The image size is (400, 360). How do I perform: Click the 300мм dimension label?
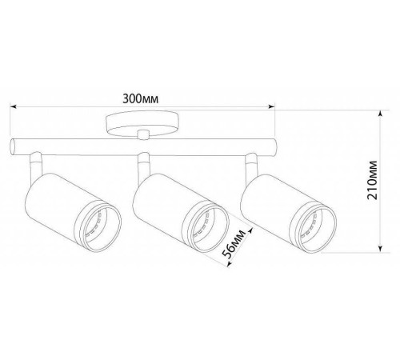pyautogui.click(x=140, y=98)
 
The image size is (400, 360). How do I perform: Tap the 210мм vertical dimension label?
pyautogui.click(x=372, y=180)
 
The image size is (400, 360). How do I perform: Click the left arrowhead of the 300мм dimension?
pyautogui.click(x=14, y=107)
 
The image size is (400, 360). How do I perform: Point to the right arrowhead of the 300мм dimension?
pyautogui.click(x=271, y=107)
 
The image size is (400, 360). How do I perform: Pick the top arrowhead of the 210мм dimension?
pyautogui.click(x=381, y=114)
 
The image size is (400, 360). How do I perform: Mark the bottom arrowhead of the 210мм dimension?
pyautogui.click(x=381, y=249)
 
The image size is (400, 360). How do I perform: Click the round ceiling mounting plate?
pyautogui.click(x=142, y=123)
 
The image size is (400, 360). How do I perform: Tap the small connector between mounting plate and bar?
pyautogui.click(x=143, y=134)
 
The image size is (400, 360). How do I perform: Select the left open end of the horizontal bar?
pyautogui.click(x=12, y=147)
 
